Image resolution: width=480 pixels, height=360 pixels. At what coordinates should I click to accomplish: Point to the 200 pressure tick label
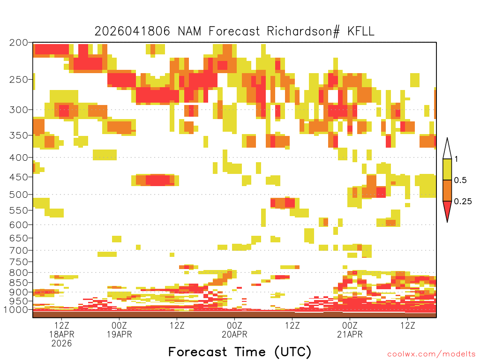pyautogui.click(x=19, y=43)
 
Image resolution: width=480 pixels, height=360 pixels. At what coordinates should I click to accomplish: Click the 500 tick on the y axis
pyautogui.click(x=19, y=195)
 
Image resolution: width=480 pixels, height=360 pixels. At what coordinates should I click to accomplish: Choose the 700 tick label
pyautogui.click(x=19, y=250)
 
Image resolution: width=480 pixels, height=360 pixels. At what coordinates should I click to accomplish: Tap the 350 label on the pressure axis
pyautogui.click(x=19, y=135)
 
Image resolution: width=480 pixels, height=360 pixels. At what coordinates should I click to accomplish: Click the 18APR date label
pyautogui.click(x=62, y=334)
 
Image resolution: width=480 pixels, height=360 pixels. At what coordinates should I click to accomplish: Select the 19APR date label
pyautogui.click(x=119, y=334)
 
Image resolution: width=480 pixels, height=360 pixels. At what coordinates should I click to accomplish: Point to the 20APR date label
pyautogui.click(x=234, y=334)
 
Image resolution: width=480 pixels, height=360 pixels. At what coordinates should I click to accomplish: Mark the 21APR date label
pyautogui.click(x=350, y=334)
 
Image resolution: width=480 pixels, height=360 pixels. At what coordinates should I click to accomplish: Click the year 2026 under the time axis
pyautogui.click(x=62, y=344)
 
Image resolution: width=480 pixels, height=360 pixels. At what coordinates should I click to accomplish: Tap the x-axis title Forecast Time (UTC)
pyautogui.click(x=240, y=352)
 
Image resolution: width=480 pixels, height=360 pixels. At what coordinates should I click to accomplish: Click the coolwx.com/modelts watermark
pyautogui.click(x=431, y=354)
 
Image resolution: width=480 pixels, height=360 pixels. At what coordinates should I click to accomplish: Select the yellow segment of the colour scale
pyautogui.click(x=447, y=170)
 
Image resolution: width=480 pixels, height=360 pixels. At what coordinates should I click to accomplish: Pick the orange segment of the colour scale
pyautogui.click(x=447, y=191)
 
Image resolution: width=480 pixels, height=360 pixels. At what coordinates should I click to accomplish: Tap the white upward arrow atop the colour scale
pyautogui.click(x=447, y=149)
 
